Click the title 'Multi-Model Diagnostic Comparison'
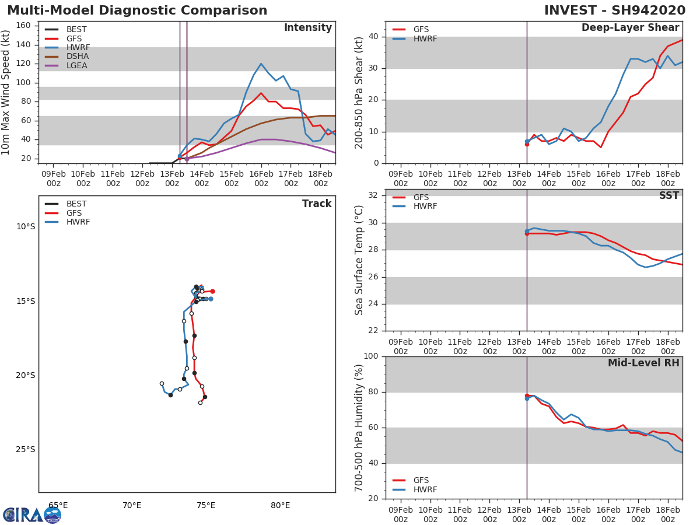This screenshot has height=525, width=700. (x=137, y=10)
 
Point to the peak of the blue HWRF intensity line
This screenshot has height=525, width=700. (x=261, y=64)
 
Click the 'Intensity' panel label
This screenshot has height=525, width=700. (x=307, y=28)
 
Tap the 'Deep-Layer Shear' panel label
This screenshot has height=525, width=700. (x=630, y=28)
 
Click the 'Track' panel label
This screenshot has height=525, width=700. (x=317, y=204)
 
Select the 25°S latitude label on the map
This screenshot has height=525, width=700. (x=25, y=449)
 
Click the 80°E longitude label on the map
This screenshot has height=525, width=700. (x=280, y=506)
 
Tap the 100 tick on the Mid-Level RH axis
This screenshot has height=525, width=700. (x=372, y=356)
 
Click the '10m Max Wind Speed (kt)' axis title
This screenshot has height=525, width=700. (x=6, y=92)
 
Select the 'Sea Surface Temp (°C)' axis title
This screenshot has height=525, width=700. (x=359, y=260)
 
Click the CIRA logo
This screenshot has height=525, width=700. (x=32, y=515)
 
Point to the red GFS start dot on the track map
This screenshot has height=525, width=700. (x=212, y=291)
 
